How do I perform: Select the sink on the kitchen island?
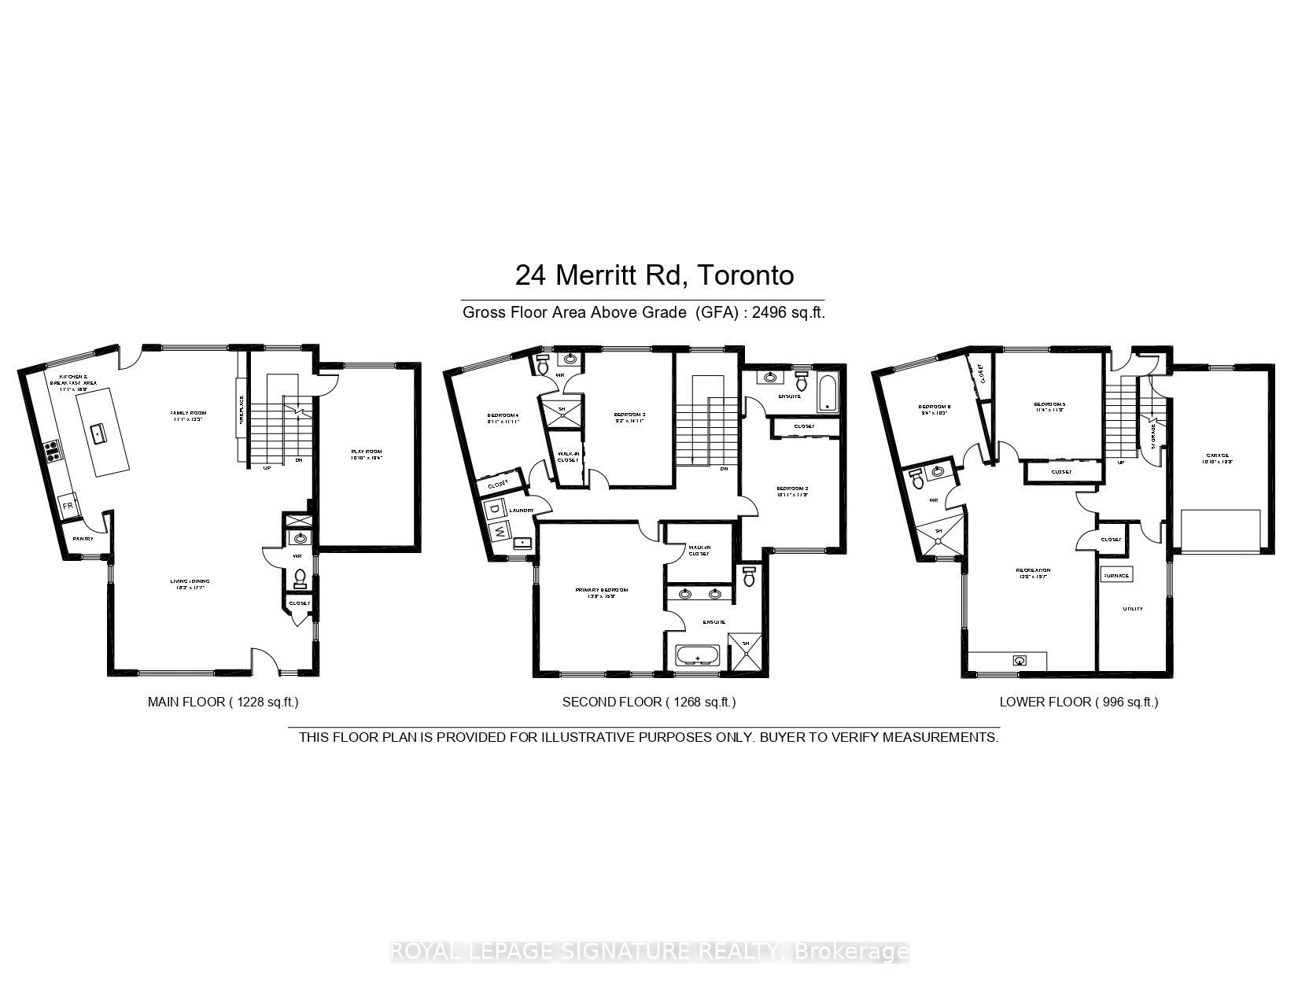(98, 432)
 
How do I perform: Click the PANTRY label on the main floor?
(83, 539)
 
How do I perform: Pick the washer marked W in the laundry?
(500, 532)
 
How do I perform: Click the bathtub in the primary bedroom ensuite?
(697, 655)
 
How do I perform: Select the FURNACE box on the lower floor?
(1115, 575)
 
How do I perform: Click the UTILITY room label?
(1132, 608)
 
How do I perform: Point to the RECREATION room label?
(1033, 570)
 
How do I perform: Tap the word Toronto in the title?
(746, 275)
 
